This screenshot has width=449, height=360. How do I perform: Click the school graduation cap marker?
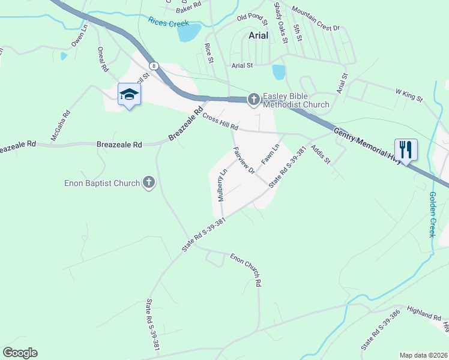pos(128,94)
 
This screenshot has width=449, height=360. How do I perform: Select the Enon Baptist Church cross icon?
pos(148,182)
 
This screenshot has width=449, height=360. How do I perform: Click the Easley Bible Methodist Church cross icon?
pos(253,99)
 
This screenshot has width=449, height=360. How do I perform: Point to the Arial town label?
pos(262,35)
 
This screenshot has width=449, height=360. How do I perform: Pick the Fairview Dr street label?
pos(244,160)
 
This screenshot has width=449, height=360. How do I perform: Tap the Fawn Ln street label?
pos(271,155)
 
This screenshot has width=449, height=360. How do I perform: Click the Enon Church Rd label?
pos(246,269)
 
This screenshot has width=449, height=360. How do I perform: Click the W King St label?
pos(409,95)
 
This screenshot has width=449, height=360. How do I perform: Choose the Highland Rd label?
pos(424,314)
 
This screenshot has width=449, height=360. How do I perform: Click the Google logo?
pos(20,353)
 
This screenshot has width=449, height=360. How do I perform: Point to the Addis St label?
pos(319,154)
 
